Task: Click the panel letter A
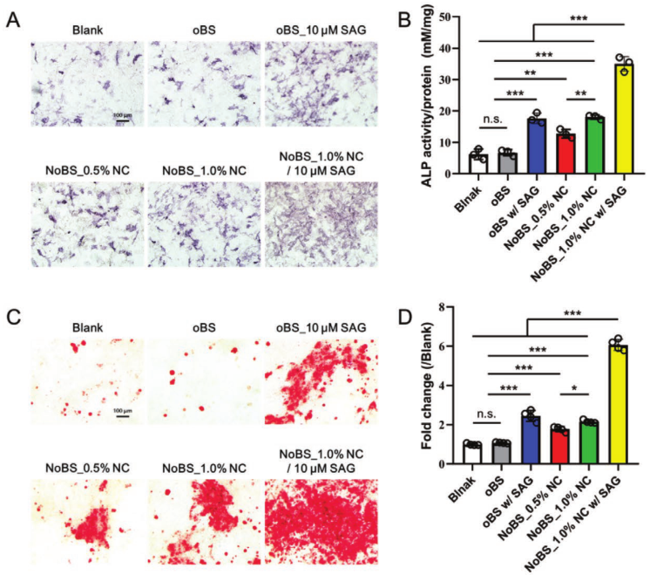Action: [12, 19]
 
